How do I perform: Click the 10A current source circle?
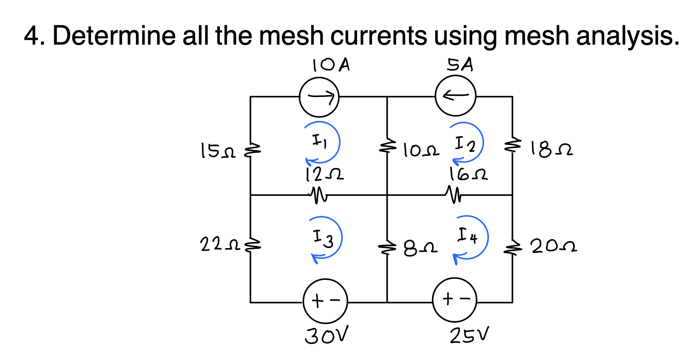tap(319, 97)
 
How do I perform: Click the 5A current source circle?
tap(456, 96)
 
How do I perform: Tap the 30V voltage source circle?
tap(325, 301)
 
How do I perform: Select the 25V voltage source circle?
tap(455, 300)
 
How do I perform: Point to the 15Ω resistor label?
tap(218, 151)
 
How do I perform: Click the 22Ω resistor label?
tap(220, 244)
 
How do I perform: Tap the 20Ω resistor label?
tap(554, 246)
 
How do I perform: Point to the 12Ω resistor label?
tap(325, 175)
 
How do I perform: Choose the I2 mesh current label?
tap(465, 144)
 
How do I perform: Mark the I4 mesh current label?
tap(468, 236)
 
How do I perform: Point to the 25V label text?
tap(469, 335)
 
